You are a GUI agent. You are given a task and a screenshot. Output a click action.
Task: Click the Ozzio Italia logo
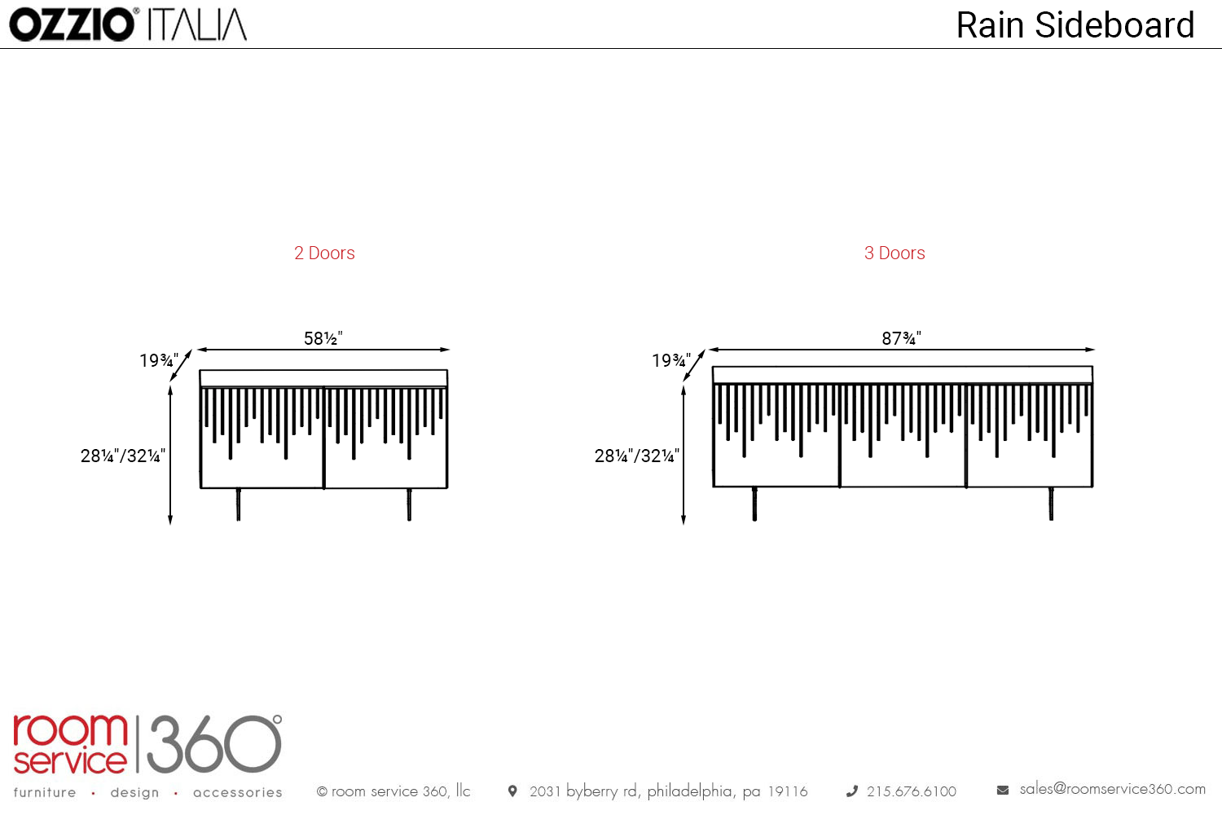coord(128,24)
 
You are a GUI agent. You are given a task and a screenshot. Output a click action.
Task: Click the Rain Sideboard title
coord(1075,25)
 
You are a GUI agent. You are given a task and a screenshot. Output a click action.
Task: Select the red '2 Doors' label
coord(324,253)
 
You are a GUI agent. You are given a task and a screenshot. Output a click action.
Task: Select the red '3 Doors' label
coord(895,253)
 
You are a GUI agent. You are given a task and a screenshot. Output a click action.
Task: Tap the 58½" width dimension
coord(323,338)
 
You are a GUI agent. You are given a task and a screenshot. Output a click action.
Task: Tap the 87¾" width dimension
coord(901,338)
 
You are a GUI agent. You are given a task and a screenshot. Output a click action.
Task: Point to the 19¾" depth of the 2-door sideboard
coord(159,360)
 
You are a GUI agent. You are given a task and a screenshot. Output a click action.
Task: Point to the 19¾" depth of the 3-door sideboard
coord(671,360)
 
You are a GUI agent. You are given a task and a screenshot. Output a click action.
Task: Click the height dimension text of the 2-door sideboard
coord(123,456)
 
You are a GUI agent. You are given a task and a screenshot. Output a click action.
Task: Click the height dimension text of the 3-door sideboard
coord(636,456)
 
